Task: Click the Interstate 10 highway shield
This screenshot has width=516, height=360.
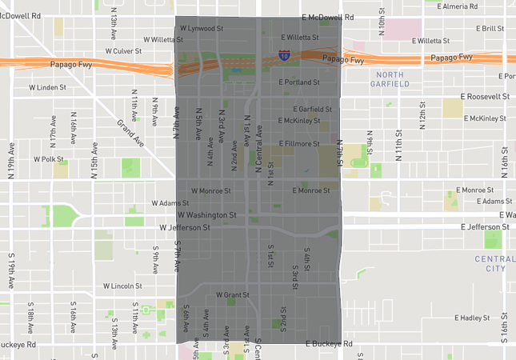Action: [285, 55]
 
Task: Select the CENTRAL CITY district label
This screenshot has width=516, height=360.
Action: [490, 264]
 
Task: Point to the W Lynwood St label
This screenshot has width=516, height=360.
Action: [202, 28]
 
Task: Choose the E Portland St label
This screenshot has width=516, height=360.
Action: [299, 82]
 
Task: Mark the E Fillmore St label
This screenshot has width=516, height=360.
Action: [298, 144]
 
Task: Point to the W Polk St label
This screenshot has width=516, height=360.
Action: [49, 159]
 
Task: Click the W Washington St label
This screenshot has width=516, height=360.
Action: [206, 215]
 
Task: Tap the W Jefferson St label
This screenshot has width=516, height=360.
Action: [184, 228]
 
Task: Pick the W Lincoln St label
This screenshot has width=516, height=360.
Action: [122, 286]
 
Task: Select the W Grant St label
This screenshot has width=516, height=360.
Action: [232, 294]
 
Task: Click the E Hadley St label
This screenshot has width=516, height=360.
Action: [470, 318]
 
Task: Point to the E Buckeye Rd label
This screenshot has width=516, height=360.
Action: [329, 344]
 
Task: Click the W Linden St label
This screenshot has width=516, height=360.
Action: [47, 86]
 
